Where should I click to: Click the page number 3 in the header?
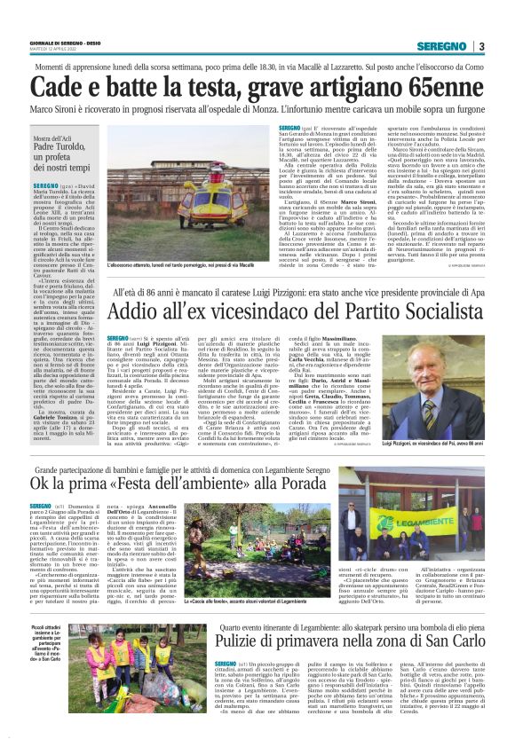pyautogui.click(x=480, y=46)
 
